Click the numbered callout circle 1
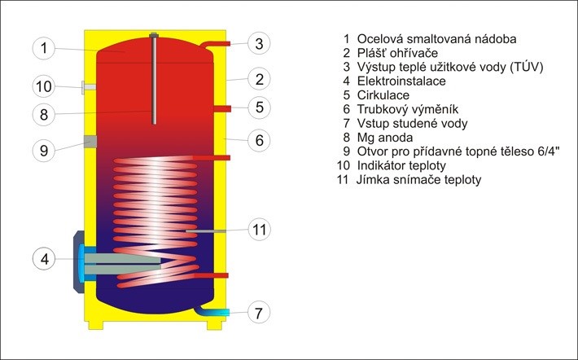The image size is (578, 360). [x=45, y=48]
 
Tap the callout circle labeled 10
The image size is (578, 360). [x=45, y=86]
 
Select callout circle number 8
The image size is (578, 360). [x=45, y=113]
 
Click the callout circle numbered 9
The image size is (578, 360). [x=45, y=149]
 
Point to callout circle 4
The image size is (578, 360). [x=45, y=259]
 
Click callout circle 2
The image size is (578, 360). [x=258, y=79]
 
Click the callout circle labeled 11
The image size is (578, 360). [x=258, y=230]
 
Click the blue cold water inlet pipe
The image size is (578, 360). [x=218, y=312]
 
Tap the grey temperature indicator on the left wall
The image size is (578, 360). [x=88, y=86]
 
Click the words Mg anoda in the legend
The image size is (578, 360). [x=383, y=137]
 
